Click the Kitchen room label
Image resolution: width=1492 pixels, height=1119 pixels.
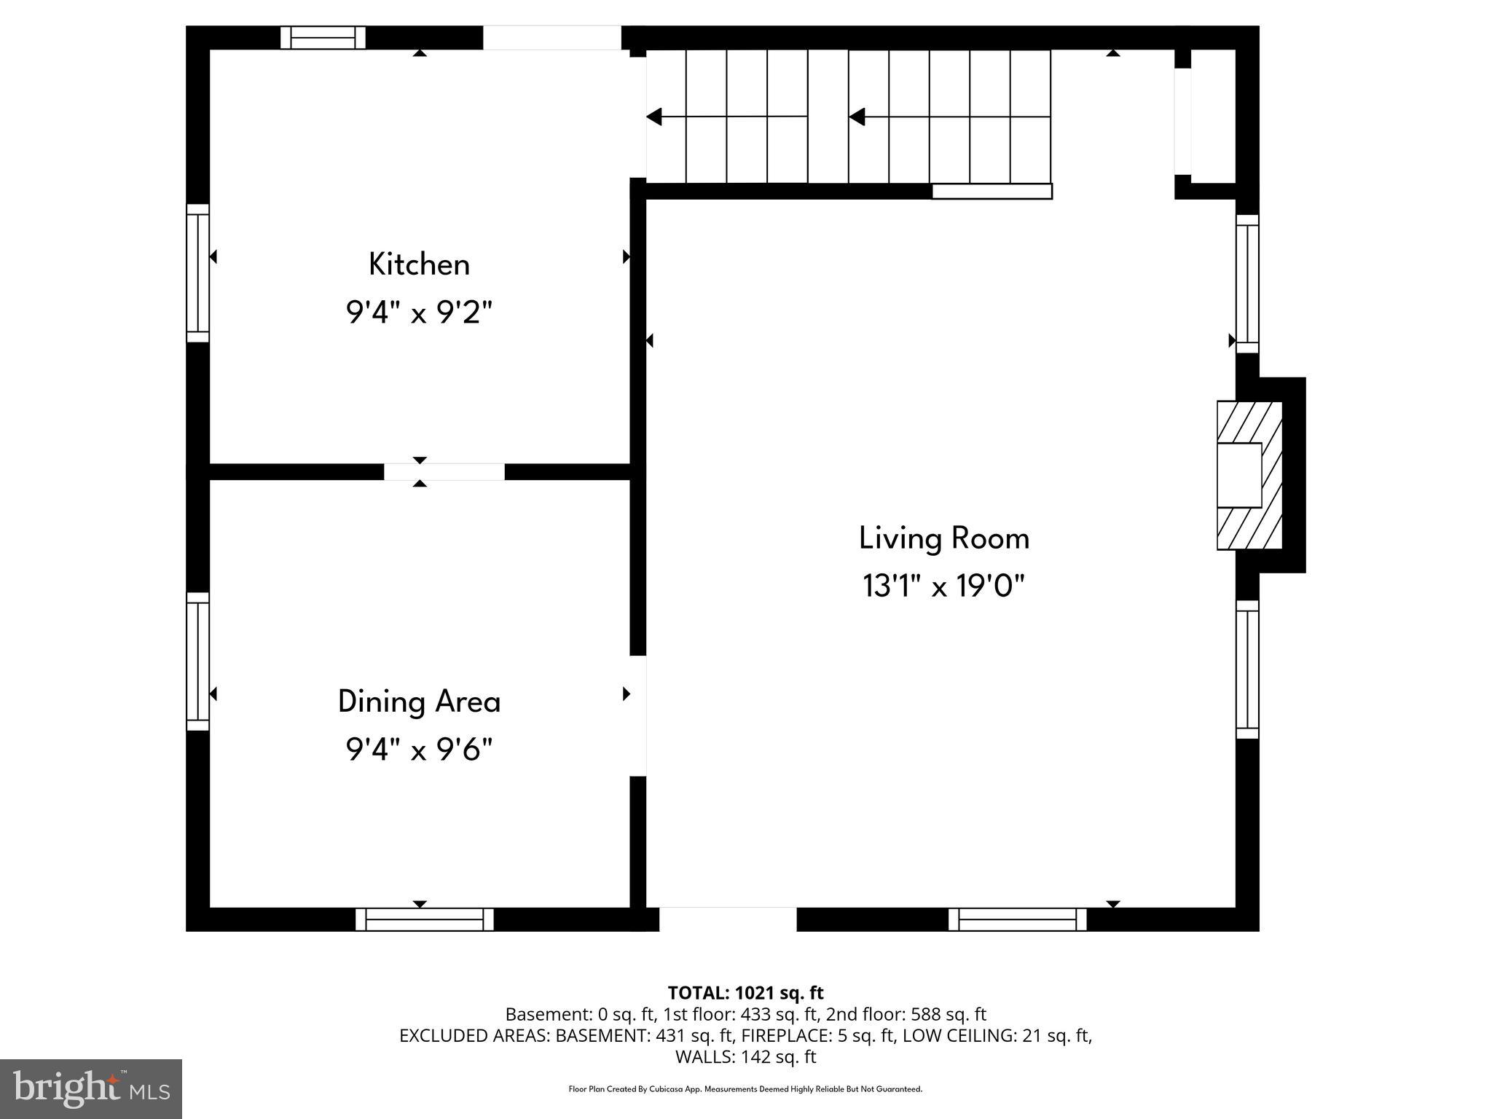tap(419, 264)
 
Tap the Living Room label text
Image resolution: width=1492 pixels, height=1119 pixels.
tap(943, 538)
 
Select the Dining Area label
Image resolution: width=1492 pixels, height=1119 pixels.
tap(419, 702)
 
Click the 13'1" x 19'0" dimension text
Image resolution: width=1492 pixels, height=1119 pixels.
tap(943, 586)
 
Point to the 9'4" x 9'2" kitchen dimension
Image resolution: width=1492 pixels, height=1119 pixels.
tap(419, 313)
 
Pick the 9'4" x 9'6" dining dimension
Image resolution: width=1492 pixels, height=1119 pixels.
tap(419, 749)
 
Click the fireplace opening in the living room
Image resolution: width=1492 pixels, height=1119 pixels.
tap(1241, 475)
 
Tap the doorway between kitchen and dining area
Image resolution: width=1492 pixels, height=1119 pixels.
tap(444, 471)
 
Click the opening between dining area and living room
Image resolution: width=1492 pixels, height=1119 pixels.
tap(638, 715)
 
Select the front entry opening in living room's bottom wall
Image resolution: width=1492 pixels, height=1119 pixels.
tap(727, 919)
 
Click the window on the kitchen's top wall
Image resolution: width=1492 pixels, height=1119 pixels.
tap(323, 37)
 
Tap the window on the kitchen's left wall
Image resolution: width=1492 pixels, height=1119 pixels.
tap(197, 272)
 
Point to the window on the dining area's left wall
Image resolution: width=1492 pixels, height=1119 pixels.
tap(197, 661)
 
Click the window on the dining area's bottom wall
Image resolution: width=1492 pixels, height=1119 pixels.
tap(424, 919)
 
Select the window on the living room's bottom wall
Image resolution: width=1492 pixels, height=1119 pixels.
tap(1017, 919)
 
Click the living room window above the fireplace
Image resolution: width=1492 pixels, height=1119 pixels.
tap(1247, 283)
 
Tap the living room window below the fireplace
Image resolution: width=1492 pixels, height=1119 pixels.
tap(1247, 669)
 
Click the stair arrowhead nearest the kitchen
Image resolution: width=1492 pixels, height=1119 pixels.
tap(654, 117)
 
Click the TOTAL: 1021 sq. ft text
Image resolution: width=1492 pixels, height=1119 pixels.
tap(745, 993)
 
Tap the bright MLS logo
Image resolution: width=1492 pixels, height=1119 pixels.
tap(91, 1089)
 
